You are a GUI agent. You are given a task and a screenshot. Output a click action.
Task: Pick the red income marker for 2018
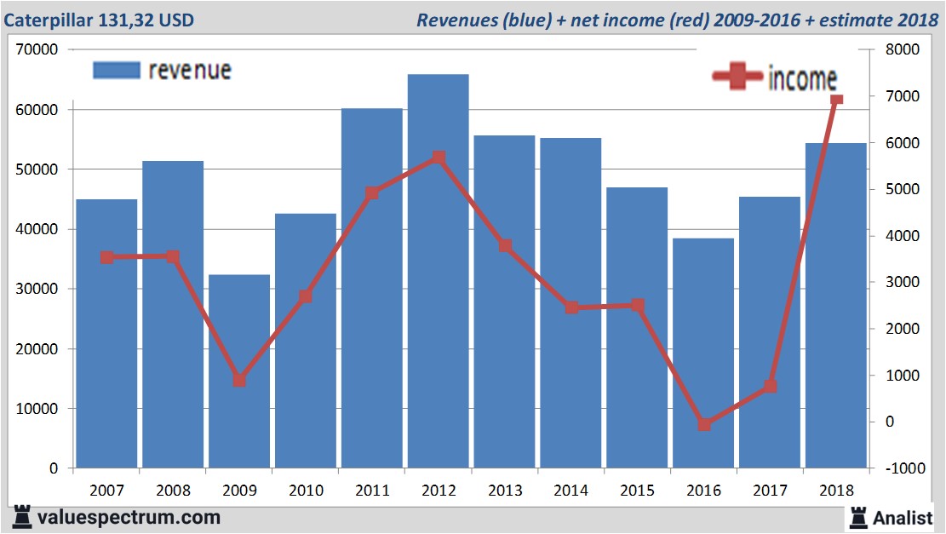[836, 100]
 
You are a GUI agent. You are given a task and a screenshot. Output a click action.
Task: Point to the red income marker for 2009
[239, 381]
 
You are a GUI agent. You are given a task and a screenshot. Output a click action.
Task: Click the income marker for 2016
[703, 424]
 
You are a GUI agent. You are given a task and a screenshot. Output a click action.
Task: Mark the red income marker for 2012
[439, 158]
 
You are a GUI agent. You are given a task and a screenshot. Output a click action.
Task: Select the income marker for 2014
[571, 307]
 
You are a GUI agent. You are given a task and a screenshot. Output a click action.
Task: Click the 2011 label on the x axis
[372, 491]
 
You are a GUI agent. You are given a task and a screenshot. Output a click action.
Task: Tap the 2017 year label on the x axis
[770, 491]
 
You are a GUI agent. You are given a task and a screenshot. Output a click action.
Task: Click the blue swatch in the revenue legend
[116, 71]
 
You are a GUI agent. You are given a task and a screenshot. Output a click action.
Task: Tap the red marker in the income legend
[737, 77]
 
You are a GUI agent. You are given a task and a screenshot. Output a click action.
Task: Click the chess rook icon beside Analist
[857, 517]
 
